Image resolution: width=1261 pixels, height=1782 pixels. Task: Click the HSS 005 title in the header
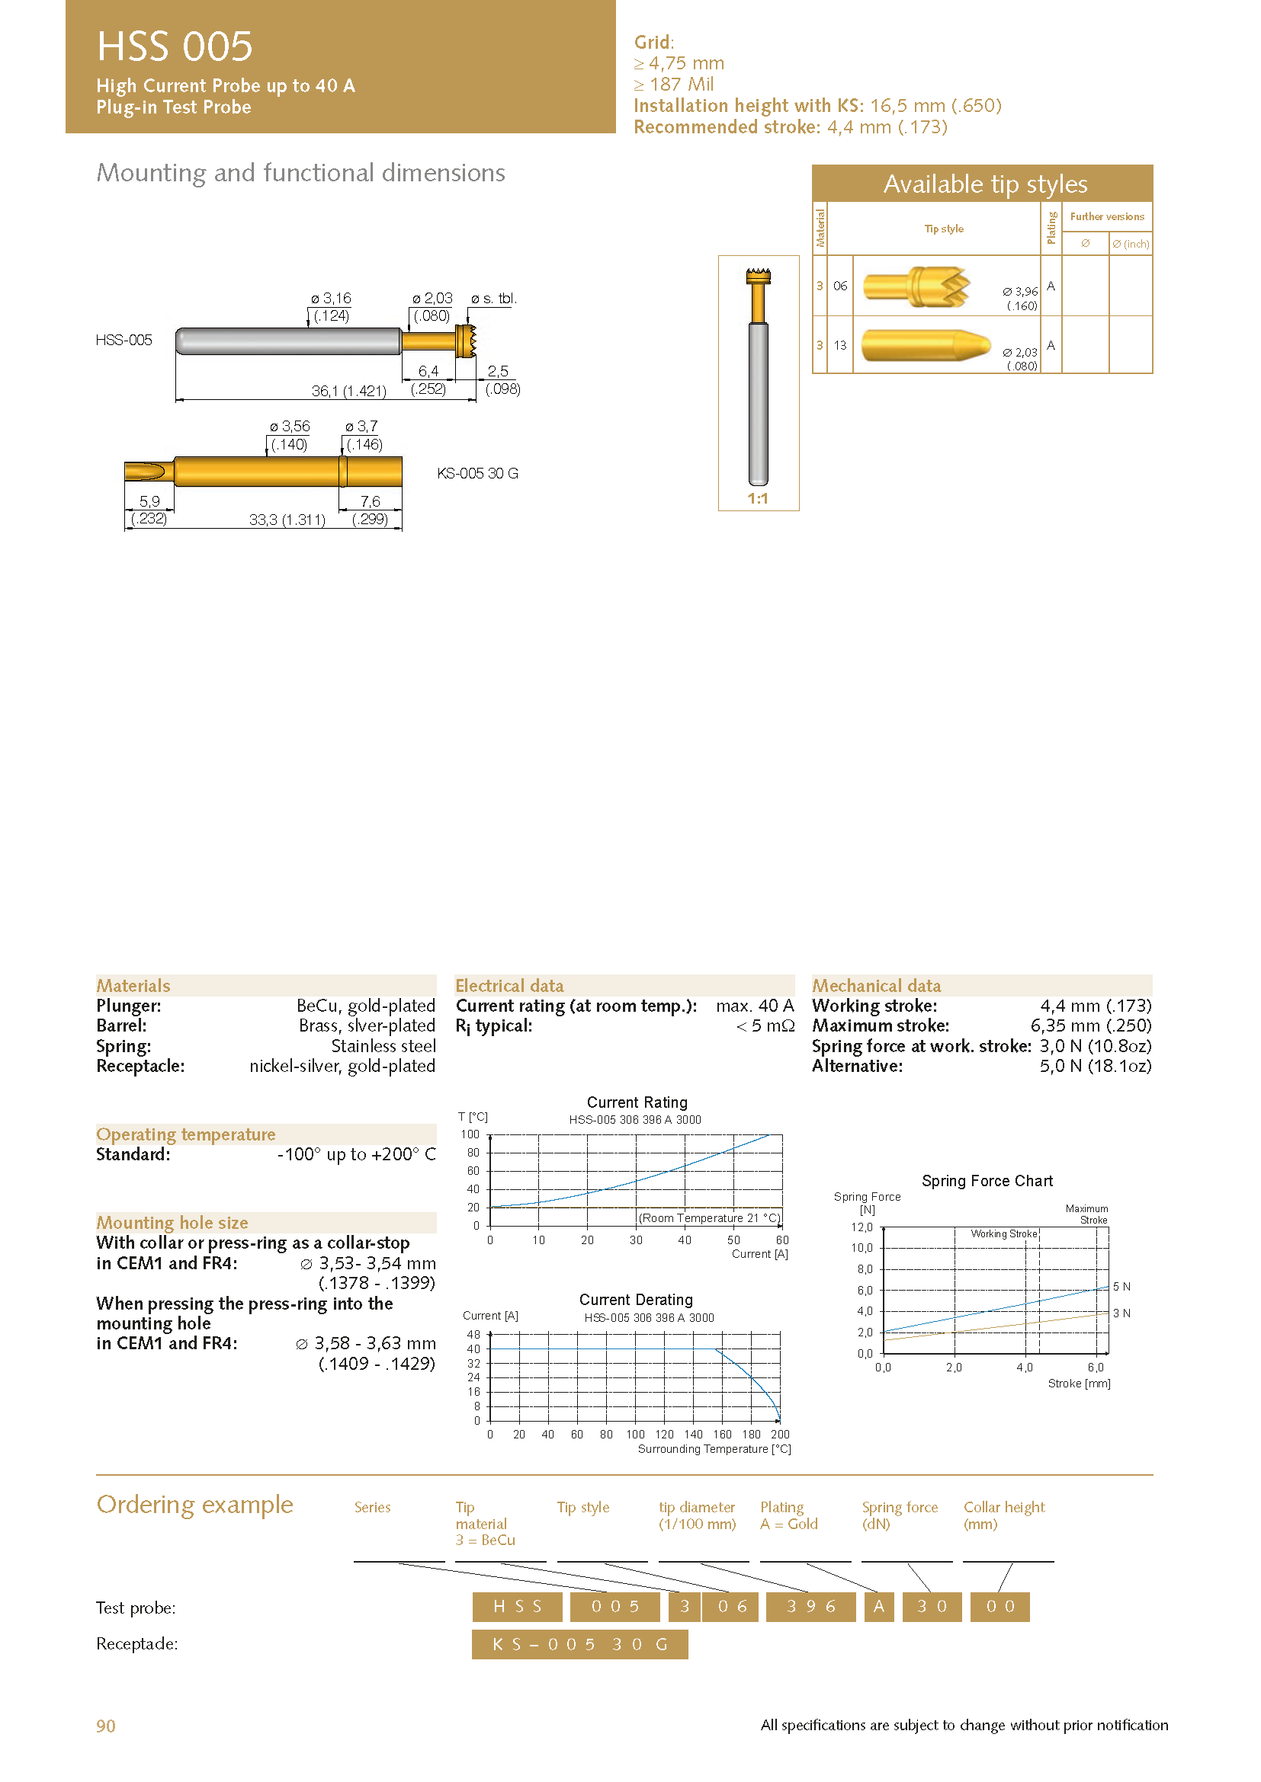coord(175,46)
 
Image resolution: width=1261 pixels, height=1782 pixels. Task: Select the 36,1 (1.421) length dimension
coord(348,391)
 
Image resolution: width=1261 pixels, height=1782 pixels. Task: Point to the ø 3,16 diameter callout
coord(331,299)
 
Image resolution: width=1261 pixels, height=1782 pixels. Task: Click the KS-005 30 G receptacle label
coord(477,473)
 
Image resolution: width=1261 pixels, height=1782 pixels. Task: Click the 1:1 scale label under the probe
coord(758,499)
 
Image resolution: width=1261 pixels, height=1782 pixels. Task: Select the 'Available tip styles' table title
coord(984,184)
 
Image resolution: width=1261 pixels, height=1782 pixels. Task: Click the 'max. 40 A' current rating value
coord(755,1006)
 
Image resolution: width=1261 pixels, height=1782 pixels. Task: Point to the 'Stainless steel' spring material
coord(383,1046)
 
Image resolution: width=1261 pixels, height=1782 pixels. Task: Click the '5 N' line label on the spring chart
coord(1121,1287)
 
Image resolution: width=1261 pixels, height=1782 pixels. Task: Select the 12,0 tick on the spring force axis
coord(862,1227)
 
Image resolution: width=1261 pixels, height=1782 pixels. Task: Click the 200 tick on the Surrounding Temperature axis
coord(780,1435)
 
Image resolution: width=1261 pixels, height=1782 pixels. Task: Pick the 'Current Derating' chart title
coord(636,1300)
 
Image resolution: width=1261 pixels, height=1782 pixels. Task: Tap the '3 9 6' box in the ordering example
coord(810,1607)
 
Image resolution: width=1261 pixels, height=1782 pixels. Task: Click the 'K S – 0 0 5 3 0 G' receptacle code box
coord(579,1644)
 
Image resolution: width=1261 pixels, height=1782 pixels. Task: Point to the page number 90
coord(106,1726)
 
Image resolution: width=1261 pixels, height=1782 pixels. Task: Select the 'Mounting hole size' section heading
coord(172,1222)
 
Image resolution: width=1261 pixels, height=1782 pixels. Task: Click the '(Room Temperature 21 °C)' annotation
coord(709,1217)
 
